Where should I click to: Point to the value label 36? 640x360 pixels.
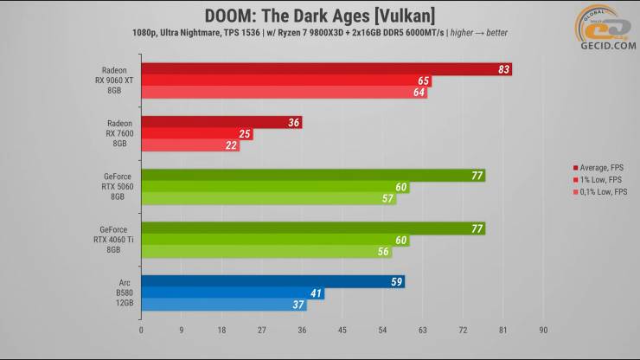[x=294, y=123]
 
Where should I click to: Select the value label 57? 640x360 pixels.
[x=388, y=199]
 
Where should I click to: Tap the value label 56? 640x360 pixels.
[x=384, y=253]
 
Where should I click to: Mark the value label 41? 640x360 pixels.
[x=317, y=293]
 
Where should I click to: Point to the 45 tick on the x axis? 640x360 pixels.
[x=342, y=330]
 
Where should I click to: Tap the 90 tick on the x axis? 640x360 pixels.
[x=543, y=330]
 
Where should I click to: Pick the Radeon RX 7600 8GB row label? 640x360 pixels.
[x=119, y=134]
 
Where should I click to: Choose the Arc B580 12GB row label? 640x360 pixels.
[x=119, y=292]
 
